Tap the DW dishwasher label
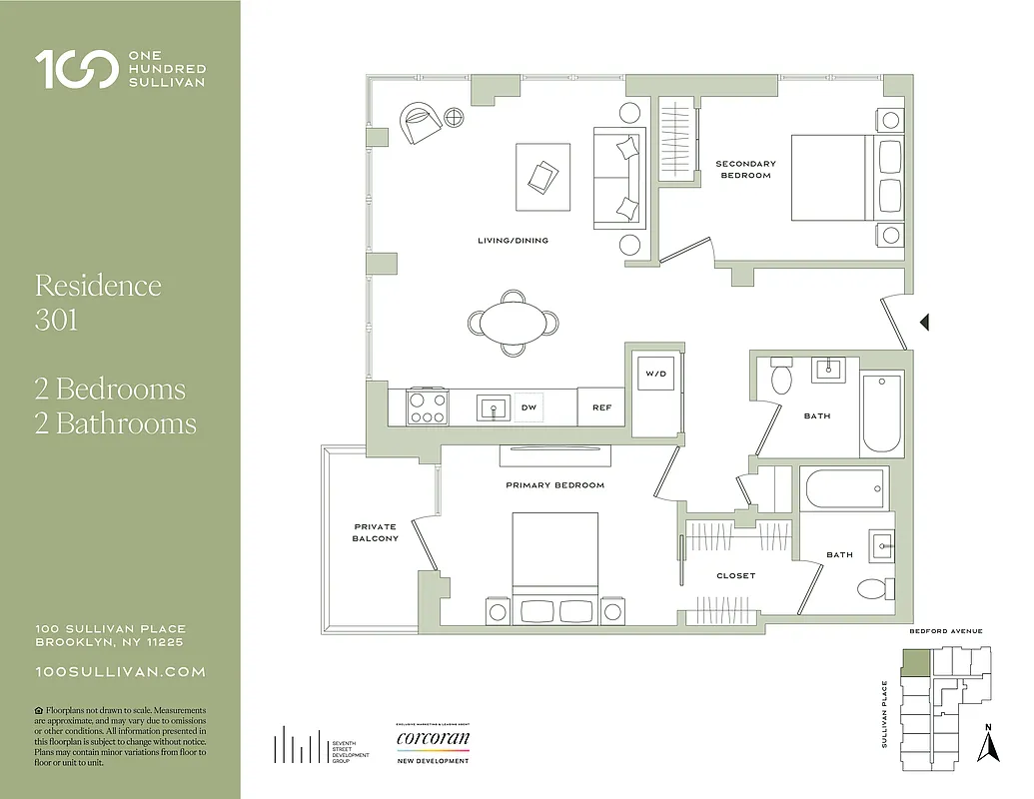[x=528, y=407]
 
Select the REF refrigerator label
[x=601, y=407]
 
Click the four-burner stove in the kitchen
[x=428, y=406]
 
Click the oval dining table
[x=513, y=323]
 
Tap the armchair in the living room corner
[x=421, y=124]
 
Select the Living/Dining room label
[x=513, y=241]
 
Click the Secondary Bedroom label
[x=745, y=170]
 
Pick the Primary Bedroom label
[x=554, y=485]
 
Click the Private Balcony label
[x=375, y=532]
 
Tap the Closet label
[x=736, y=576]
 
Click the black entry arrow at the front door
[x=924, y=322]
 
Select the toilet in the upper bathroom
[x=780, y=379]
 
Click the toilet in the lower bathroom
[x=872, y=588]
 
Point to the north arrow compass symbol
[x=988, y=743]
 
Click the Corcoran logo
[x=433, y=740]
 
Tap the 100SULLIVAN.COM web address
[x=120, y=672]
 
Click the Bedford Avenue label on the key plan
[x=945, y=631]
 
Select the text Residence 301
[x=98, y=302]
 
